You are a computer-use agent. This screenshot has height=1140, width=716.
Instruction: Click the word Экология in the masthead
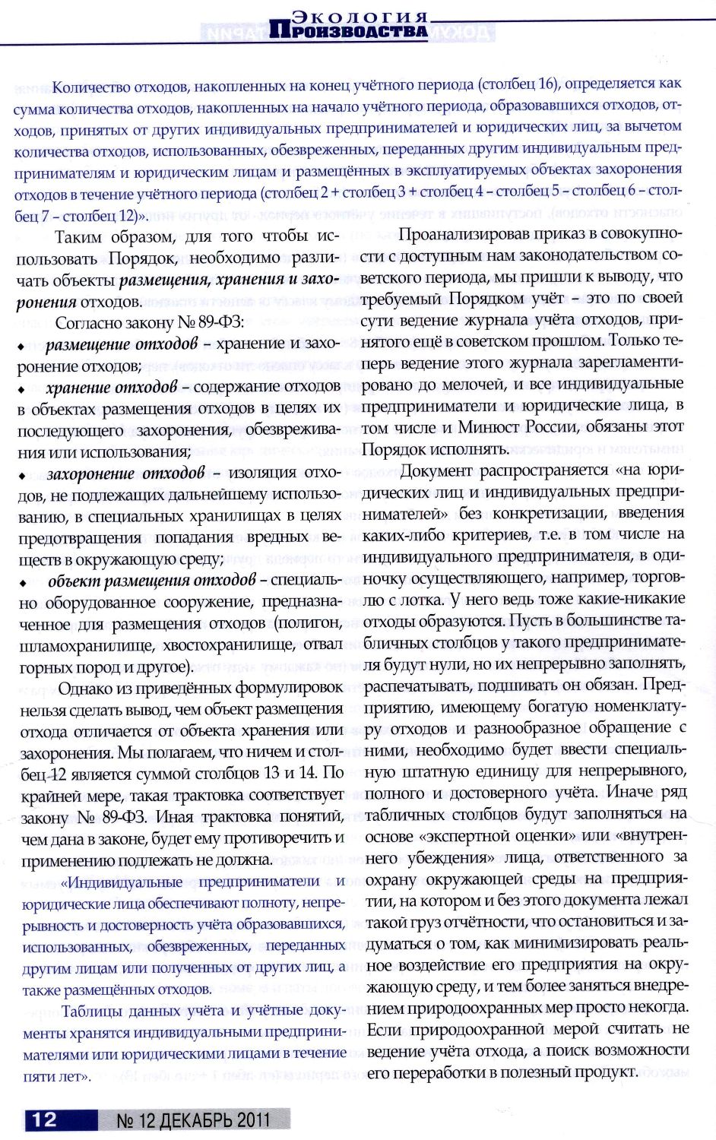coord(360,17)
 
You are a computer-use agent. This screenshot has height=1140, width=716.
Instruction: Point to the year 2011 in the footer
coord(253,1119)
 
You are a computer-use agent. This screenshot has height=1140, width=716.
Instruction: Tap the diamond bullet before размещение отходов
coord(23,347)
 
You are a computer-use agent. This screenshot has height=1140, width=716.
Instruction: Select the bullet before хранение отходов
coord(23,389)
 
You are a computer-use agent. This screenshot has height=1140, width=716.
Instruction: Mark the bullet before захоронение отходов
coord(23,477)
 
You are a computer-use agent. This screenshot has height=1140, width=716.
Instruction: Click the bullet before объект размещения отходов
coord(23,584)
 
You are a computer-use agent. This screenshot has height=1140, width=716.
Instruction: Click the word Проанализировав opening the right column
coord(462,234)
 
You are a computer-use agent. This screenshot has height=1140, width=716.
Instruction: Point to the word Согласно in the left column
coord(87,324)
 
